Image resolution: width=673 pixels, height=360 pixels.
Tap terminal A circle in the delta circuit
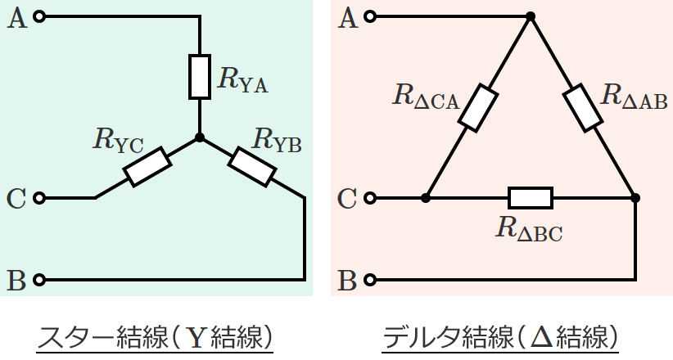[x=371, y=16]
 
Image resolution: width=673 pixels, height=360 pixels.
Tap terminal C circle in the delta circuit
[x=371, y=198]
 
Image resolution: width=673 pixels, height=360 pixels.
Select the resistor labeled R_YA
[x=200, y=76]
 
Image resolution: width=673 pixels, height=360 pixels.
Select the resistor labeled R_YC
[x=147, y=166]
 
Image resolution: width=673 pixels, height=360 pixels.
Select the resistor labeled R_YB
[x=251, y=166]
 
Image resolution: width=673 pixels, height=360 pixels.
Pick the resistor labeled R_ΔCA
[x=477, y=107]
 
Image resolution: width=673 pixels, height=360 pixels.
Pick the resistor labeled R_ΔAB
[x=583, y=107]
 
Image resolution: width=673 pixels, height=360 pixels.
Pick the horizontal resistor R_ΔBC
[x=531, y=198]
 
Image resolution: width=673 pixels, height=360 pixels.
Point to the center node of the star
[x=200, y=137]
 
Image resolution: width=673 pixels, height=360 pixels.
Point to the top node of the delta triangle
[x=531, y=16]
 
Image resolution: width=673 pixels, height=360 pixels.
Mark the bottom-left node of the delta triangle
[x=426, y=198]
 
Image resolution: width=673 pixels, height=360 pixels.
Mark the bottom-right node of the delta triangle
[x=636, y=198]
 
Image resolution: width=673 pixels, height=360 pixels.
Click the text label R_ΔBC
[x=529, y=228]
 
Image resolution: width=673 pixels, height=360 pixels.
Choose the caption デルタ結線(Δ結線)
[x=500, y=337]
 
